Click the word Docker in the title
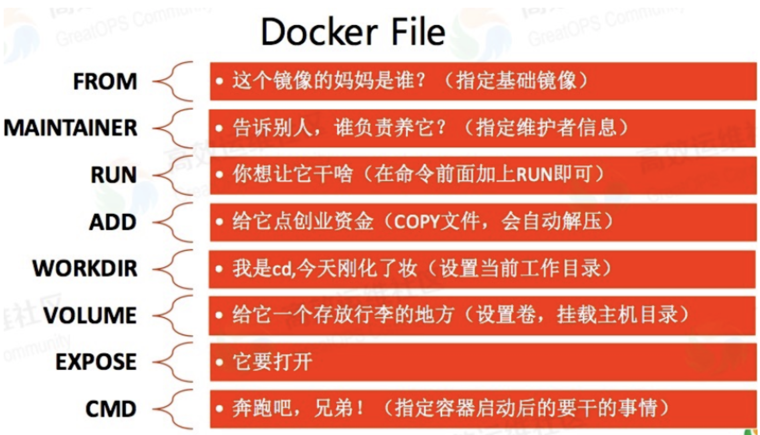[319, 32]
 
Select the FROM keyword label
[105, 82]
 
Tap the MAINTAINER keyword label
[70, 128]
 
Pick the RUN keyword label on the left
[113, 175]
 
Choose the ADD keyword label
[113, 222]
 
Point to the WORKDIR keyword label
[85, 268]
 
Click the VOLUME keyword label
[90, 315]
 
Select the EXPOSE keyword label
[96, 362]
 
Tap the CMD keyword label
[111, 409]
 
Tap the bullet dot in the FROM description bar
[219, 81]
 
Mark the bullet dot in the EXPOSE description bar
[219, 362]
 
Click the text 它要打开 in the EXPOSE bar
[273, 362]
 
